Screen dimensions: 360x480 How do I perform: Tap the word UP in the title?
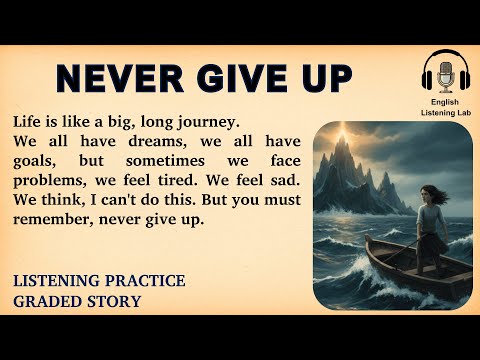click(322, 78)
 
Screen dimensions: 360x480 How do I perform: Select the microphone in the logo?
click(441, 75)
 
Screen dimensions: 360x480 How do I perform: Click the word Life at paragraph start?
click(29, 122)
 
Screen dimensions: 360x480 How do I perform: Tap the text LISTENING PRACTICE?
click(99, 282)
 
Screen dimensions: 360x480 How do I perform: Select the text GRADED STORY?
click(77, 301)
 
